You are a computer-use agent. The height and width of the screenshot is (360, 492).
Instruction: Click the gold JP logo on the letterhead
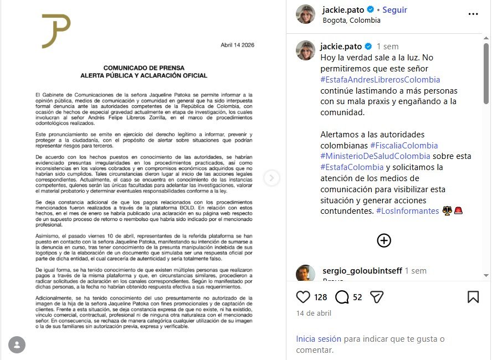coord(56,31)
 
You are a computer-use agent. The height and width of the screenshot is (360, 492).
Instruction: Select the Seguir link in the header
coord(394,10)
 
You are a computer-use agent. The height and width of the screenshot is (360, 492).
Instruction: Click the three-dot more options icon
coord(473,14)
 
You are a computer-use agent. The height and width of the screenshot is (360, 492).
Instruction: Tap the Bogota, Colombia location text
coord(351,20)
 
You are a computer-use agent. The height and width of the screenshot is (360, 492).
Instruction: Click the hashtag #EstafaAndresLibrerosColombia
coord(380,80)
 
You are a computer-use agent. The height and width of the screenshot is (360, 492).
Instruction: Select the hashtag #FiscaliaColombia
coord(400,145)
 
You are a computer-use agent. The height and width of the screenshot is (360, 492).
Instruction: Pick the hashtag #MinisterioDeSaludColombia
coord(375,156)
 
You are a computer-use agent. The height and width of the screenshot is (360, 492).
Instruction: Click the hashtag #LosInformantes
coord(407,211)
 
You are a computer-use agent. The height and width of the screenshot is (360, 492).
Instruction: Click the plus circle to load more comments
coord(384,240)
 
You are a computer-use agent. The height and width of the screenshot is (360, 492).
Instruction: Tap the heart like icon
coord(303,297)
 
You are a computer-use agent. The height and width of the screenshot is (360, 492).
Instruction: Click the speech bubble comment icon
coord(342,297)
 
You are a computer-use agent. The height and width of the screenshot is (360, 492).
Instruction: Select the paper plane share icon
coord(376,297)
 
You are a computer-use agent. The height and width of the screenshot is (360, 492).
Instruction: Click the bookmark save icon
coord(473,297)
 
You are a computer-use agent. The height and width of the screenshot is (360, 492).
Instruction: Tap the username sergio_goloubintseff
coord(362,271)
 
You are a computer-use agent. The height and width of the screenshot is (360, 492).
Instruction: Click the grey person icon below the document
coord(17,344)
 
